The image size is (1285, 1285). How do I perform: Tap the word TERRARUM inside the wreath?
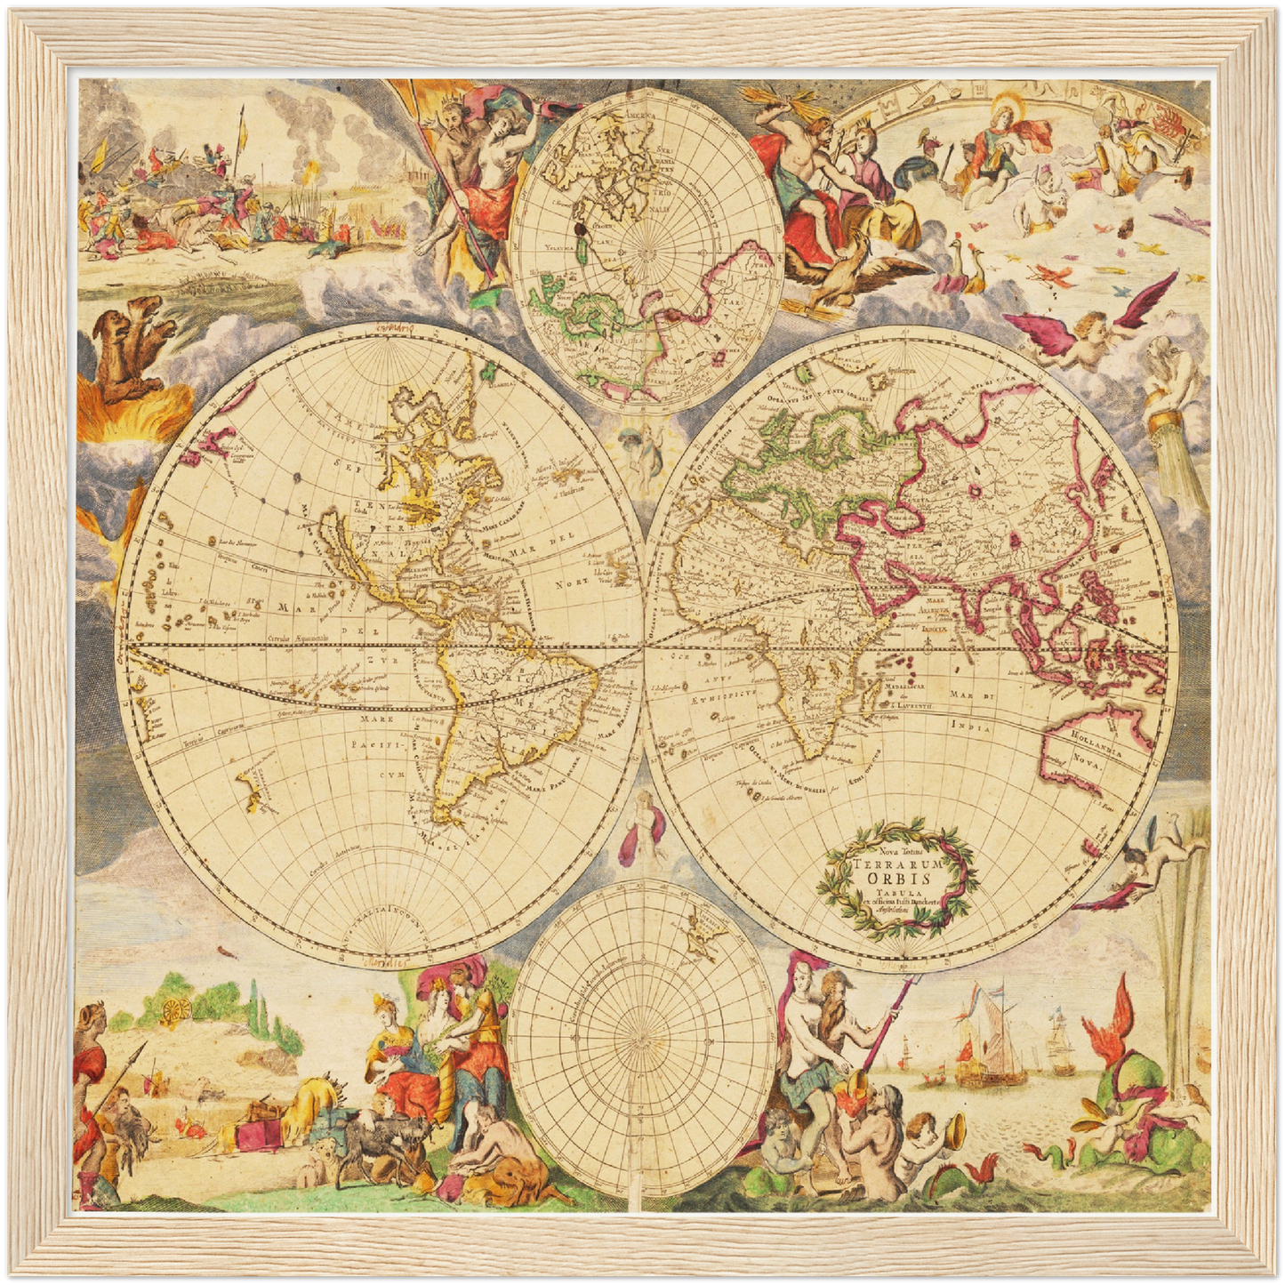[898, 862]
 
